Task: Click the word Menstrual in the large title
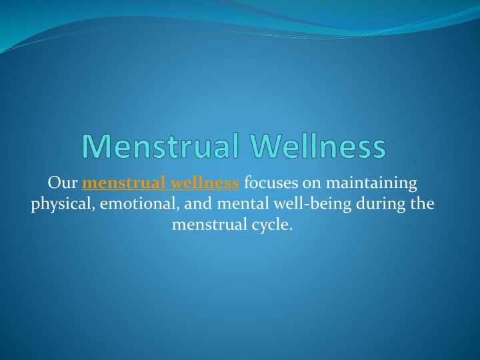[x=161, y=145]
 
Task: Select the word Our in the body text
[x=63, y=183]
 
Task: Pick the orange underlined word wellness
[x=203, y=183]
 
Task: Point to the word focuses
[x=271, y=183]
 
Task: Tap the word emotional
[x=139, y=204]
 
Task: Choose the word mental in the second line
[x=243, y=203]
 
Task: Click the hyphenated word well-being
[x=312, y=205]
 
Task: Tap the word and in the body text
[x=198, y=203]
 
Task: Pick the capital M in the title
[x=96, y=146]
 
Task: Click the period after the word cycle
[x=291, y=229]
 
